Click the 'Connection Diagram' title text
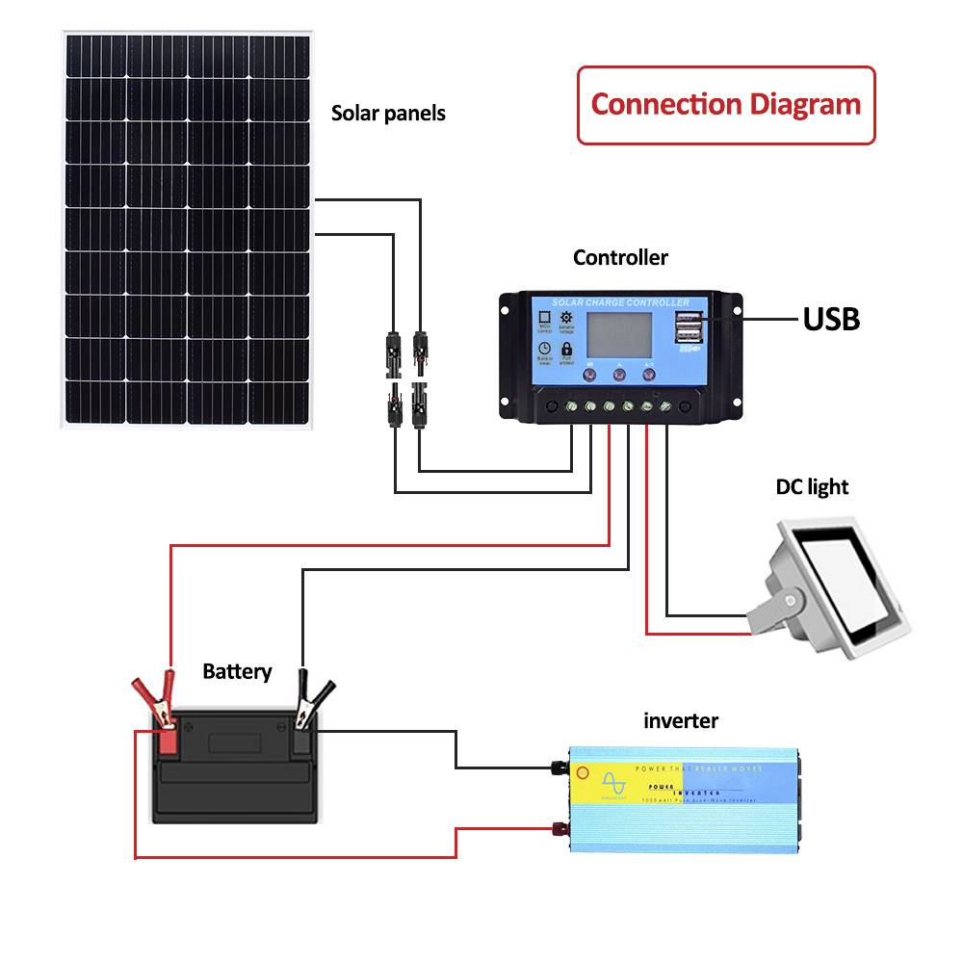(x=725, y=104)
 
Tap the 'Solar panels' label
(x=388, y=113)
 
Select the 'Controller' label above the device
(x=620, y=257)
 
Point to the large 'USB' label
(x=831, y=319)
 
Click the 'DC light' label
(x=813, y=486)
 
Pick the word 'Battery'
(x=237, y=671)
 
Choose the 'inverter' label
(x=681, y=720)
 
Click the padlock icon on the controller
(x=566, y=349)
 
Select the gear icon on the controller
(x=566, y=319)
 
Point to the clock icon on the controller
(x=544, y=349)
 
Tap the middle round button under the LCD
(x=619, y=376)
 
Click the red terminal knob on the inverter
(x=558, y=828)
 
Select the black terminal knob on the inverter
(x=558, y=768)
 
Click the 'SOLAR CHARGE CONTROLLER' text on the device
(x=620, y=303)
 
